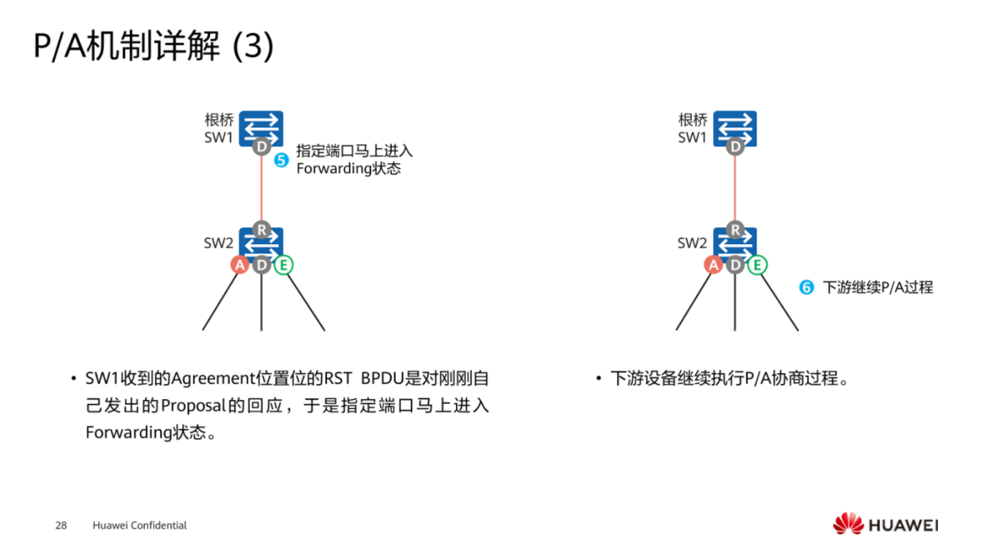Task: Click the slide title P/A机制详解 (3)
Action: (153, 47)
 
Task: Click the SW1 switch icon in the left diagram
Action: (261, 126)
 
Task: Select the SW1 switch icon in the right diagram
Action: (734, 126)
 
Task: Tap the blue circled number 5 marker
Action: (282, 161)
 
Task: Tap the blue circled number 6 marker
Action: (807, 287)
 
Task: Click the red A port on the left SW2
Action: (240, 265)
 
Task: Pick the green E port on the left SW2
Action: (284, 265)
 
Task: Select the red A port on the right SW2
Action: (713, 265)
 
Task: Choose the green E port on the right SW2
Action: (757, 265)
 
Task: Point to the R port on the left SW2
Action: (261, 230)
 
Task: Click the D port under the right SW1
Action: (735, 146)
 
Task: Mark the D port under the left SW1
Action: (261, 146)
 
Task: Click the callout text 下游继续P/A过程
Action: (878, 287)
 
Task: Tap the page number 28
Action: (61, 526)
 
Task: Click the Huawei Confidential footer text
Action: (140, 526)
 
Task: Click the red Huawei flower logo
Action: (848, 524)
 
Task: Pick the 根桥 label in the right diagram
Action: (692, 120)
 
